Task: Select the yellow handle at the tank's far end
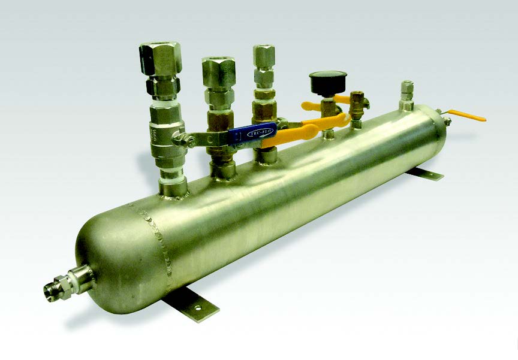click(467, 114)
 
